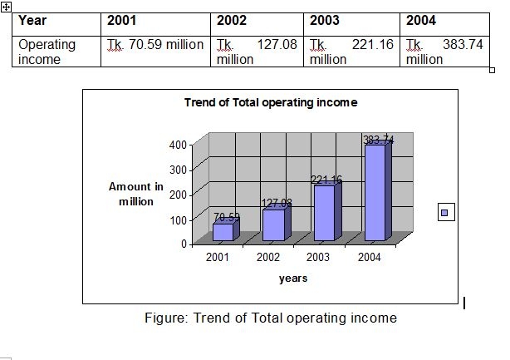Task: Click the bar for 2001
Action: click(223, 232)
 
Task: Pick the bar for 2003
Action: click(324, 213)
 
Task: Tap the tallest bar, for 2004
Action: click(375, 193)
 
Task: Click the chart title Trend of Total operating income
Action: click(271, 102)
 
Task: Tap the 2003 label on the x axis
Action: click(318, 257)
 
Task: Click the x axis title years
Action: click(293, 279)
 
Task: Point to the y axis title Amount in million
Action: click(136, 194)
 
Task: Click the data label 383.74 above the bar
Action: click(379, 141)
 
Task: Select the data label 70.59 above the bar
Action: click(226, 217)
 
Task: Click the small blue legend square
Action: click(445, 213)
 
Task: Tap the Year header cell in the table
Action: click(33, 21)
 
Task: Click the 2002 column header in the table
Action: click(233, 21)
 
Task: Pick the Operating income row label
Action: click(47, 51)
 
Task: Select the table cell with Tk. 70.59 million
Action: click(155, 45)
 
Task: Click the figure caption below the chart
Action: click(271, 318)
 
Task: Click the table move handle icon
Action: click(6, 6)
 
